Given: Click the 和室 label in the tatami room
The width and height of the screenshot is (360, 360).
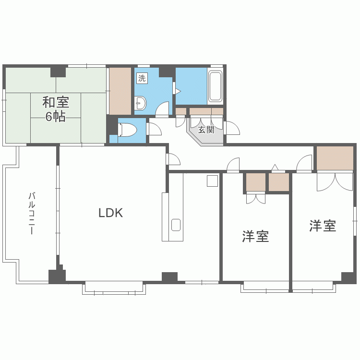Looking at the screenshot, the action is (56, 102).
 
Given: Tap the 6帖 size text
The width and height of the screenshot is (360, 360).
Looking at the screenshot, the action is (56, 117).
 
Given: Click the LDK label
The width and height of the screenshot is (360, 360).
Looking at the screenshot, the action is (111, 213).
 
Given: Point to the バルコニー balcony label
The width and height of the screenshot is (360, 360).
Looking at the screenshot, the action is (32, 214).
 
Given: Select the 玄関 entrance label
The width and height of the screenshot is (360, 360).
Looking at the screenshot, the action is (206, 130).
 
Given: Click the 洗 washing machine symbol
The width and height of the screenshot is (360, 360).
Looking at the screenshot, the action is (142, 78).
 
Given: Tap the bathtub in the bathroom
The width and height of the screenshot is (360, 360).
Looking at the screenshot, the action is (215, 86).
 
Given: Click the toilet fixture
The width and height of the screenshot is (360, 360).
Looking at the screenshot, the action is (127, 130).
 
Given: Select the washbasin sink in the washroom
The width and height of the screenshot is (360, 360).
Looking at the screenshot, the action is (140, 103).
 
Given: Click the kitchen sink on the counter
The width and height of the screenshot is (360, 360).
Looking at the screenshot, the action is (176, 225).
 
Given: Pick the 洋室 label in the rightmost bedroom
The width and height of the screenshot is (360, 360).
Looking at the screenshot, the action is (323, 226).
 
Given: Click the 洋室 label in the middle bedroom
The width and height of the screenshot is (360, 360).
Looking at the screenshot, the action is (255, 236).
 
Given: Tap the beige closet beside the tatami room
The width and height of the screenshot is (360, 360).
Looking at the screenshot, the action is (120, 91).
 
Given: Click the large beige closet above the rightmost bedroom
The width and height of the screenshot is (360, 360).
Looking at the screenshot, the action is (335, 158).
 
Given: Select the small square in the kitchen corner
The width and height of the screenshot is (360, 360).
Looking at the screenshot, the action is (212, 181).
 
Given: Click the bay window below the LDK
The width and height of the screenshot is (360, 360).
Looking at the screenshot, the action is (114, 288).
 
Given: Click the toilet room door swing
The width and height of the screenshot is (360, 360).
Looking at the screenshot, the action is (155, 129).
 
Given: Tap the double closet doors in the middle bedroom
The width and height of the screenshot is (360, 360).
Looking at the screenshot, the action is (256, 199).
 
